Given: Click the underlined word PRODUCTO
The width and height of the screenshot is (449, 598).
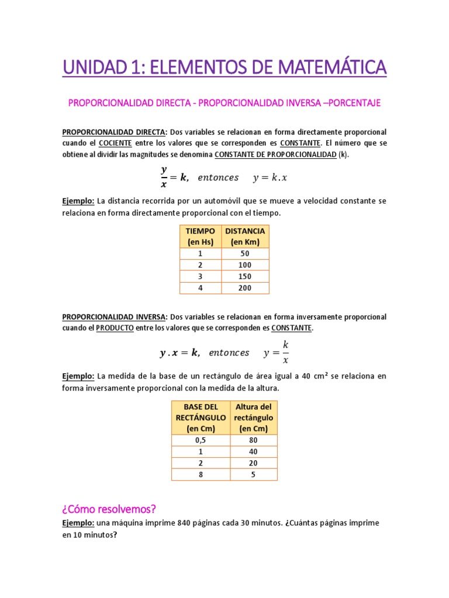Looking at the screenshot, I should tap(115, 328).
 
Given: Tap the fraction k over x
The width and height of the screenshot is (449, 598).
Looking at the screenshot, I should tap(285, 352).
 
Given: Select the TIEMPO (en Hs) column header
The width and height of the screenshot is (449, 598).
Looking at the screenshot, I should tap(201, 237).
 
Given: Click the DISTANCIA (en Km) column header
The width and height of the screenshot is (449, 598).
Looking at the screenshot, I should tap(246, 237).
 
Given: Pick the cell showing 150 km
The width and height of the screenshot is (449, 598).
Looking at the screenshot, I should tap(246, 276).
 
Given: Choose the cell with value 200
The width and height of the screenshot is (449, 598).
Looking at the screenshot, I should tap(246, 288).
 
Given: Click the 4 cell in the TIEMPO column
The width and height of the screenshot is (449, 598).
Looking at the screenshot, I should tap(201, 288).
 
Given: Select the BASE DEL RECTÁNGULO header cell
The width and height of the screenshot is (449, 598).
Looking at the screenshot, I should tap(201, 418).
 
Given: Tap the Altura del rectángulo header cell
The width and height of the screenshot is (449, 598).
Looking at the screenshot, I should tap(253, 418).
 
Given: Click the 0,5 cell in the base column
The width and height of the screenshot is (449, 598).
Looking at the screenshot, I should tap(201, 440).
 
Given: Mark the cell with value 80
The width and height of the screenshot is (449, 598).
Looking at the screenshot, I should tap(253, 440).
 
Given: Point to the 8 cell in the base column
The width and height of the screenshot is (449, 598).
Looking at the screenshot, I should tap(201, 474).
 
